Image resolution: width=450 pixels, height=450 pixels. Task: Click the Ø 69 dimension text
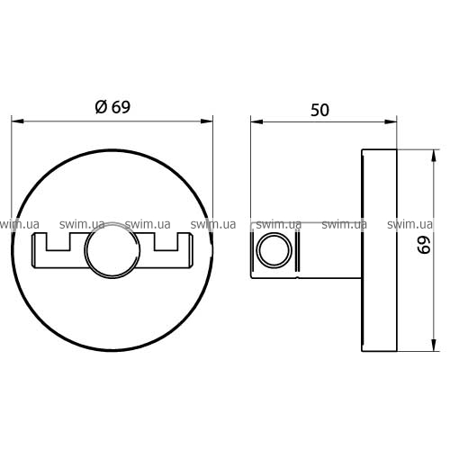112,107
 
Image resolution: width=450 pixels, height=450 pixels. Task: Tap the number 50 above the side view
319,110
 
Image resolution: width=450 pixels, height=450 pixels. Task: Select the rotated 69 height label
425,245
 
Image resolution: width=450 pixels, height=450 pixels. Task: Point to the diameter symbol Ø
101,107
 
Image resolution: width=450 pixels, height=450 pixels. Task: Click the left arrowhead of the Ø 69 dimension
17,121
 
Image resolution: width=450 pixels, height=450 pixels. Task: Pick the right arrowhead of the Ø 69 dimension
207,121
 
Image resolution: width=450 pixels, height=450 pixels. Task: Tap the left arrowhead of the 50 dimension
256,121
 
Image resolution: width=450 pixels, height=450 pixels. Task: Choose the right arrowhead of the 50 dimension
391,121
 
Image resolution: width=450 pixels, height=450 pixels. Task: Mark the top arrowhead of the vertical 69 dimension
434,156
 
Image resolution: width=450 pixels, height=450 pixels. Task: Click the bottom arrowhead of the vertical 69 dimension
434,345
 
